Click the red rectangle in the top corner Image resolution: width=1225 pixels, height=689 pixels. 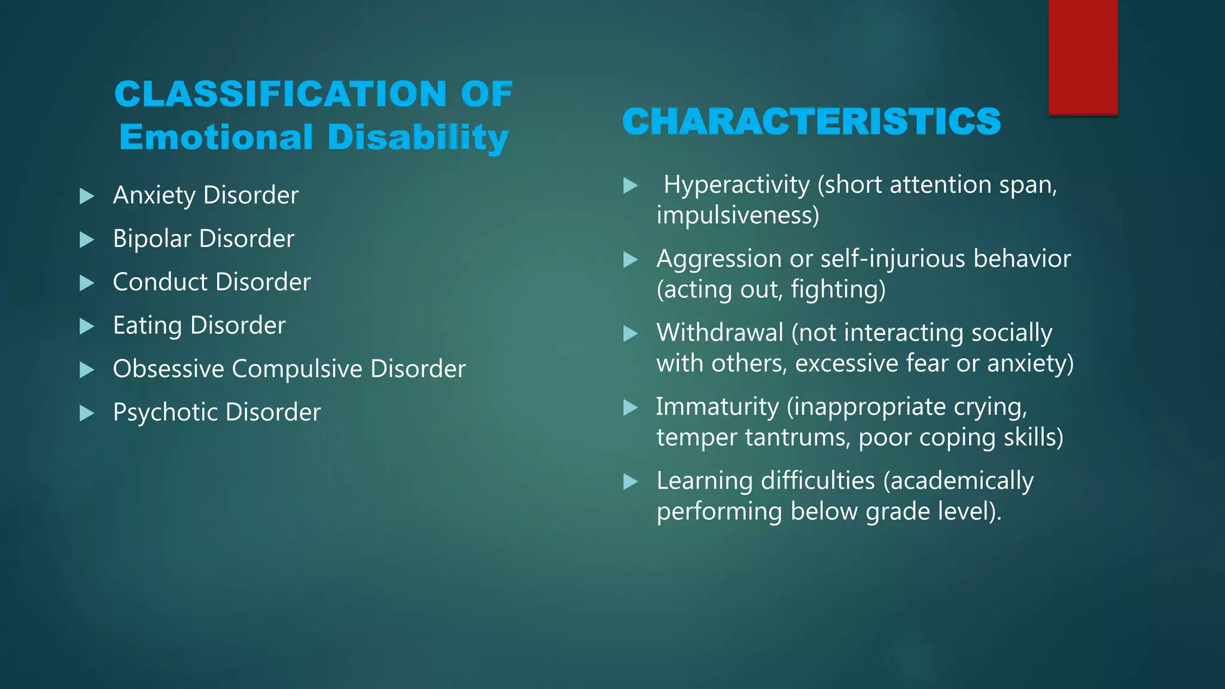coord(1083,57)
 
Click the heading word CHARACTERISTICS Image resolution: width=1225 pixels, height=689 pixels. coord(811,121)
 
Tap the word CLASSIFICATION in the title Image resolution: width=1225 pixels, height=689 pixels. coord(280,94)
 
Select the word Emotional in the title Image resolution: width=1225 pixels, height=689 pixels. coord(216,137)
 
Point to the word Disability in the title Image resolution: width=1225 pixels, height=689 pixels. coord(418,137)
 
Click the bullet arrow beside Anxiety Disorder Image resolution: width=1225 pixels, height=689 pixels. coord(87,196)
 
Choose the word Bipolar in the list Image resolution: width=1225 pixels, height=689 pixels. coord(152,239)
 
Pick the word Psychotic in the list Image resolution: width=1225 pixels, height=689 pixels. coord(165,412)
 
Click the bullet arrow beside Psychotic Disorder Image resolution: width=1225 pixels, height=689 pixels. coord(87,413)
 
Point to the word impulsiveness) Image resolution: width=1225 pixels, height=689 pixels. coord(738,215)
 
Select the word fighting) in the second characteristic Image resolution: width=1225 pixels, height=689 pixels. coord(838,289)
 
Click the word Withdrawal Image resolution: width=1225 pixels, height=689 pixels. coord(720,333)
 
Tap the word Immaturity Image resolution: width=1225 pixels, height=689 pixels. coord(717,407)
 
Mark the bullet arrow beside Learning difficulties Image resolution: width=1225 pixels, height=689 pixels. coord(630,482)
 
